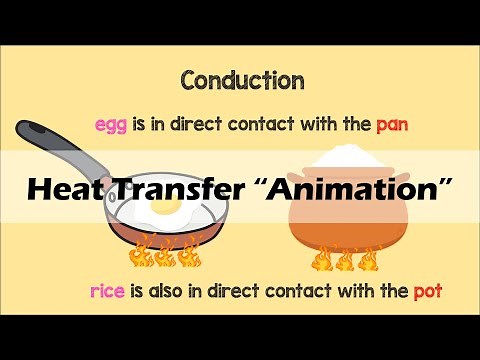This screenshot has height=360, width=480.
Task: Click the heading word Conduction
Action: (x=241, y=79)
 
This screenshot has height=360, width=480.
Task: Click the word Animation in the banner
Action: (x=360, y=187)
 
